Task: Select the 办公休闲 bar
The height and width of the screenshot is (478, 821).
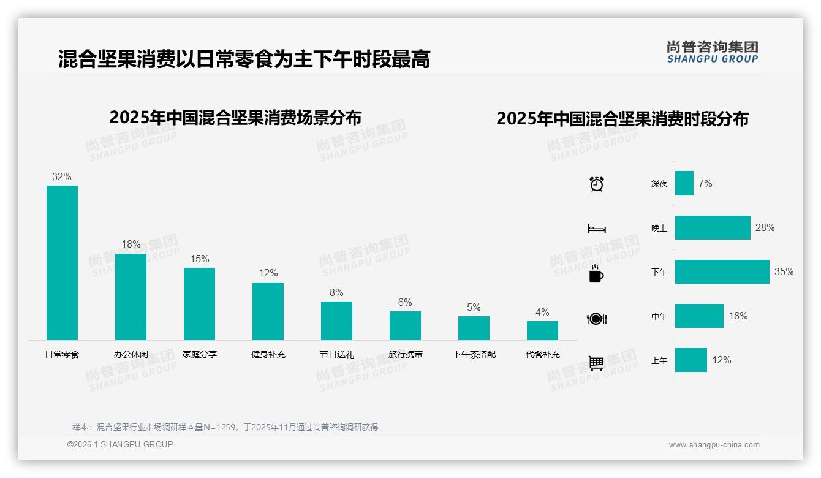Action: (131, 297)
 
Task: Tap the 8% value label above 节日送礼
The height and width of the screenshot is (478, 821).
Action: (336, 293)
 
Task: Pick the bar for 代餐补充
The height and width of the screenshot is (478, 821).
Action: (542, 330)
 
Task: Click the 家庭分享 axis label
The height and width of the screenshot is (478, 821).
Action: (199, 354)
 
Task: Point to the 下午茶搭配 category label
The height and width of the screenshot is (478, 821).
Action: (474, 354)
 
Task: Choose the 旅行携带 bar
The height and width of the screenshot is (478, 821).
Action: (405, 325)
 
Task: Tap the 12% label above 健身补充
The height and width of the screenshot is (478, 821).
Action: (268, 273)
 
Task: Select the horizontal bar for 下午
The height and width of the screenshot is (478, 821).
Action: (722, 271)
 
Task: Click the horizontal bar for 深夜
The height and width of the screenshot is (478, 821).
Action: (684, 183)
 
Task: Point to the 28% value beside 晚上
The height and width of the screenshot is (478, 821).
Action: (765, 228)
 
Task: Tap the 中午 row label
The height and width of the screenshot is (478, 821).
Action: (659, 316)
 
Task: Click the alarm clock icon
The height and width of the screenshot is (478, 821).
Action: (596, 184)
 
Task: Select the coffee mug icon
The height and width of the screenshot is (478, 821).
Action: (596, 273)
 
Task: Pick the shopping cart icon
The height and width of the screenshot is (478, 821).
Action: (596, 363)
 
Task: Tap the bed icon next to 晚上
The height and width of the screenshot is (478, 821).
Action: (596, 229)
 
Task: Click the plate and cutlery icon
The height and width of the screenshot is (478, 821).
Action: (596, 319)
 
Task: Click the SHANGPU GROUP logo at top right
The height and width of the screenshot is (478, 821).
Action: (712, 52)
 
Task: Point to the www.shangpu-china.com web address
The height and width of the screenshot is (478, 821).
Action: (714, 445)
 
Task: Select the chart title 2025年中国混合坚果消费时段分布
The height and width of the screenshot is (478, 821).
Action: (622, 119)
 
